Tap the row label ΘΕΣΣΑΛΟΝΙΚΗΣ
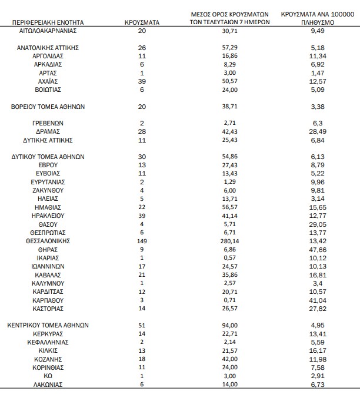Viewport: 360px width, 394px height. pos(49,241)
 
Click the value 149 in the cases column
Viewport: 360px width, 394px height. pos(142,241)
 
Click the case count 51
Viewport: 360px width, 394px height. pos(142,324)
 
